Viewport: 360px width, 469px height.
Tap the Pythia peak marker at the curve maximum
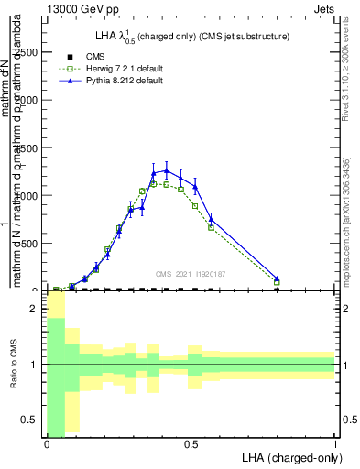point(166,170)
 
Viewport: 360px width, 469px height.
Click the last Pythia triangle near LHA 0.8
point(277,278)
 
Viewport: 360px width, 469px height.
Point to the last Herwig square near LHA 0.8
point(277,283)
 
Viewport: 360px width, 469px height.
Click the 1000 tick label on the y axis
point(29,195)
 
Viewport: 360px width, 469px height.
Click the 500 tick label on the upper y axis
point(33,243)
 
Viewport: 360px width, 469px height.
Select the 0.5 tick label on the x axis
point(191,443)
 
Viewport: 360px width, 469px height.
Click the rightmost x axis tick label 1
point(335,443)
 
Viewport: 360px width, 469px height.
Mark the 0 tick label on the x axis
point(47,443)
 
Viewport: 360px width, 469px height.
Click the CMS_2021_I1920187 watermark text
point(191,273)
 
